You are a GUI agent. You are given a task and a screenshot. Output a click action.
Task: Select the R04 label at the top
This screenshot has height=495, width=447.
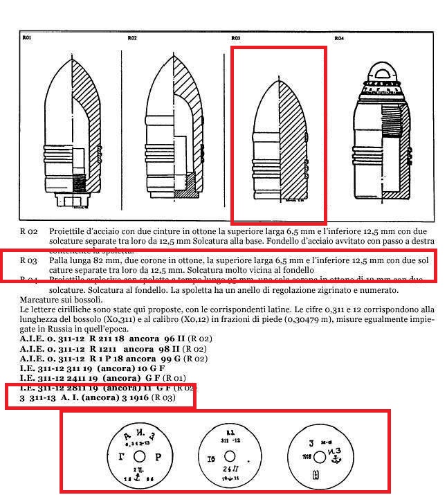click(x=339, y=38)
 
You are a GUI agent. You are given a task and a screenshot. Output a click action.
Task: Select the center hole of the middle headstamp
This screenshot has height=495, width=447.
click(x=231, y=456)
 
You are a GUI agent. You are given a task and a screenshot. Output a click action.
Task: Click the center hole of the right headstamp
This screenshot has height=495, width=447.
click(x=320, y=457)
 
